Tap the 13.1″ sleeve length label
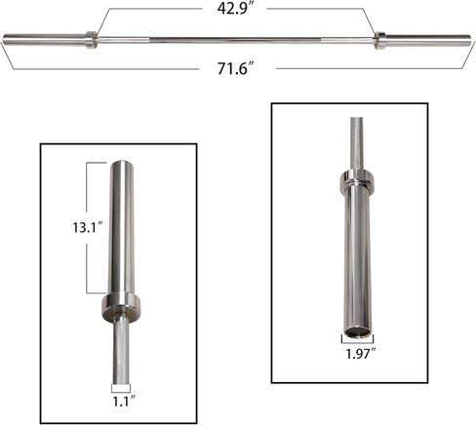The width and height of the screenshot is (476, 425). coord(88,227)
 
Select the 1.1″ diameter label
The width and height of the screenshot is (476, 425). coord(124,402)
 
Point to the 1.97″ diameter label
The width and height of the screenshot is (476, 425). coord(360,354)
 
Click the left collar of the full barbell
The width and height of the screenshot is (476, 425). coord(91,40)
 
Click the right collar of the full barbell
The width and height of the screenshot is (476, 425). coord(379,40)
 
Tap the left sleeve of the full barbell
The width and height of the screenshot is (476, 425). coord(45,39)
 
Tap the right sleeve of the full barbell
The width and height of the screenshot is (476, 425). coord(428,40)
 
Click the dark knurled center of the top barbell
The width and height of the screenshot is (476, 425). coord(236,40)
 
